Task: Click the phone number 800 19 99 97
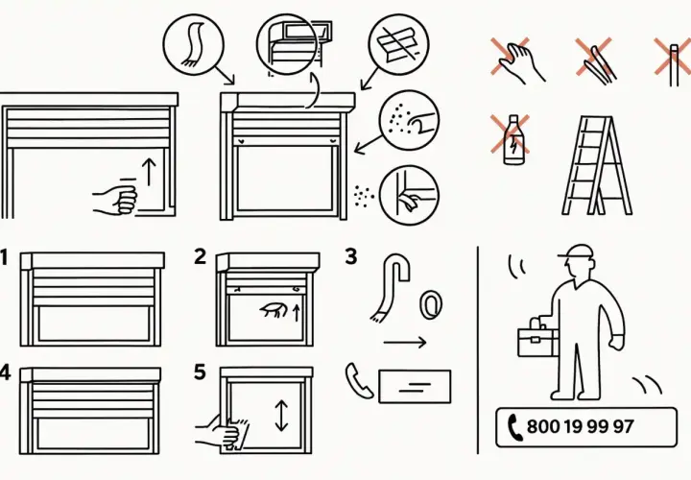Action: [580, 426]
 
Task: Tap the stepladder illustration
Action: [597, 166]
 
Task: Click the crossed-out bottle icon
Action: [512, 140]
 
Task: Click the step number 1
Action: [4, 257]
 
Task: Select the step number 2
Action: [200, 256]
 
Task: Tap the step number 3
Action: [351, 256]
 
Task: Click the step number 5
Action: [200, 372]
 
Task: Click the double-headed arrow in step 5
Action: [281, 416]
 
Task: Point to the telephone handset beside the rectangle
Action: [359, 380]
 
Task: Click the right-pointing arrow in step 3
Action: [405, 342]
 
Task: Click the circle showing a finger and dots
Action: [410, 121]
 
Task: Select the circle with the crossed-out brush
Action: [398, 44]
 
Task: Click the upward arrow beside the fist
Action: [150, 173]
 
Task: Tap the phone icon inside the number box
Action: [514, 427]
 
